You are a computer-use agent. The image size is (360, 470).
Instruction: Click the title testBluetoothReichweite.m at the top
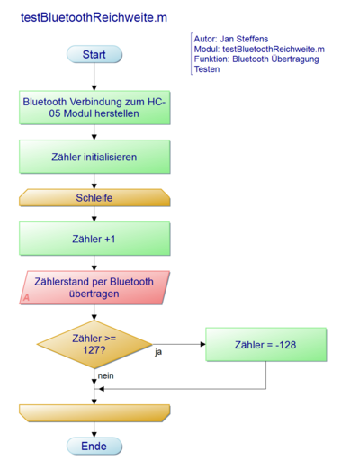[94, 17]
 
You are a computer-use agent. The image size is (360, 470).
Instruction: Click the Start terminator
[94, 55]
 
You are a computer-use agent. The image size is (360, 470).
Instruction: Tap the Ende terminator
[94, 446]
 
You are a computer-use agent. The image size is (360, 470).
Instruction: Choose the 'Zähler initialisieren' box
[94, 157]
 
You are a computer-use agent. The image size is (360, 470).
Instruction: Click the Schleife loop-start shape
[94, 198]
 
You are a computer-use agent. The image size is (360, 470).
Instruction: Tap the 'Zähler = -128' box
[265, 344]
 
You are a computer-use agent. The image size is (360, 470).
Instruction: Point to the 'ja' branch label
[158, 351]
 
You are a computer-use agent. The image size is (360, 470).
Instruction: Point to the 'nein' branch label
[106, 375]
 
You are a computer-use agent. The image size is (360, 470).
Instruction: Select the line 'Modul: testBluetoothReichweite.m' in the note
[259, 50]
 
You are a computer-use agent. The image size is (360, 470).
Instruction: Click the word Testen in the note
[207, 69]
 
